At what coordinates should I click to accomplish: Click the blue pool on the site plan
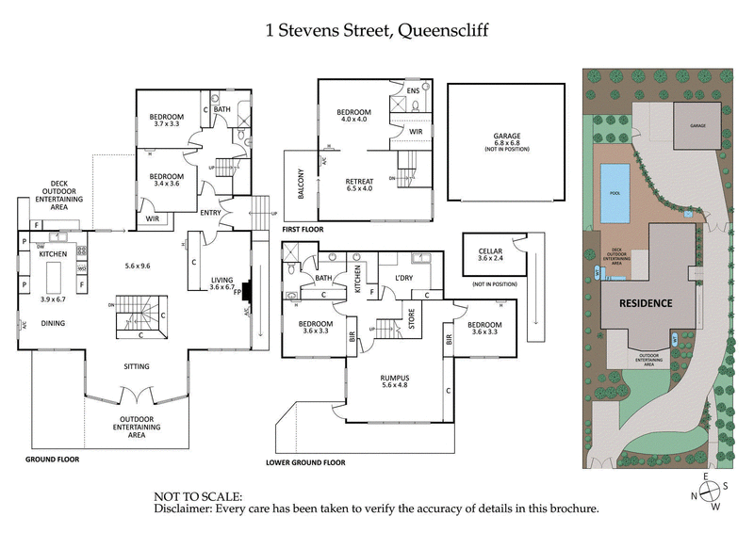tap(615, 180)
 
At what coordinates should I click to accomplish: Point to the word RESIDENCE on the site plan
tap(645, 303)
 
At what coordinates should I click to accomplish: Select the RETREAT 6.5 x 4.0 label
tap(359, 184)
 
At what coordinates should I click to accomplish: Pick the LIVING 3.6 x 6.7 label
tap(222, 283)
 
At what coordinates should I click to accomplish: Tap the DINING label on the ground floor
tap(53, 322)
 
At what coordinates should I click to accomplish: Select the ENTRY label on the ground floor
tap(210, 212)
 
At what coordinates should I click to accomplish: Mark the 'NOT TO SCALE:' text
tap(198, 495)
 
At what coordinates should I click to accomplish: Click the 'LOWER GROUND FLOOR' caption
tap(305, 462)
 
